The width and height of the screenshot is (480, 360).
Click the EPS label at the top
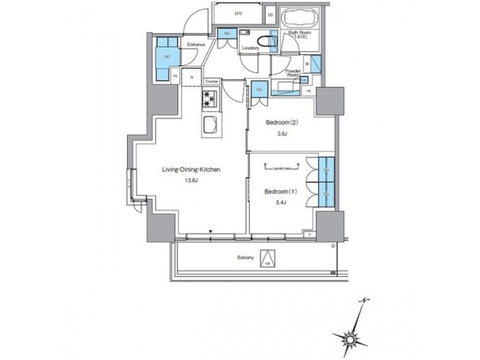[238, 14]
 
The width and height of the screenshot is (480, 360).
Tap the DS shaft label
[271, 14]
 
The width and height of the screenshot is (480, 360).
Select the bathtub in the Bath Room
[297, 19]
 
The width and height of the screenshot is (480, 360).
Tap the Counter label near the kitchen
[212, 81]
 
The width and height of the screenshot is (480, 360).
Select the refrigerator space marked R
[191, 77]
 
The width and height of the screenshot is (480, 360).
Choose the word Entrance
[196, 45]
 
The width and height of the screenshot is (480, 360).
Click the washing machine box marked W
[307, 64]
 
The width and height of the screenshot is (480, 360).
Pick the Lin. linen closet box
[304, 80]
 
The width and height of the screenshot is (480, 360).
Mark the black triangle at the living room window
[211, 231]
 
